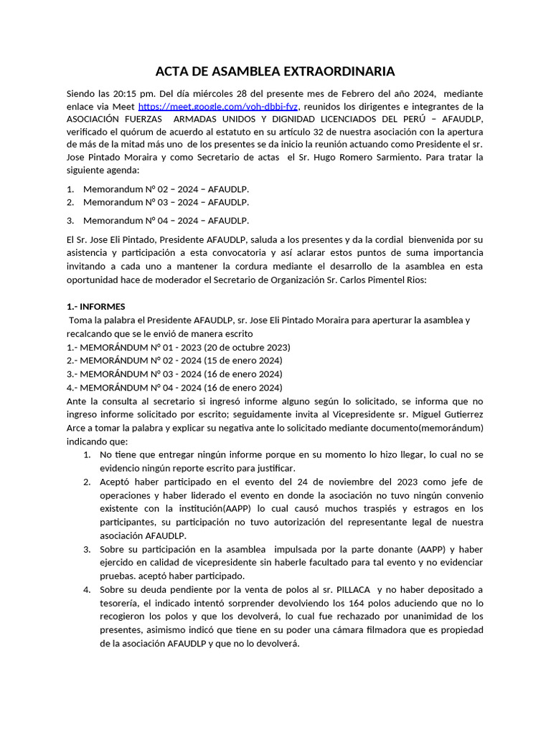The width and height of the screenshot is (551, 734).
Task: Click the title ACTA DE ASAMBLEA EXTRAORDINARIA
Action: click(x=275, y=72)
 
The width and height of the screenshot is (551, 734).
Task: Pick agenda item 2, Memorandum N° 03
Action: click(x=166, y=202)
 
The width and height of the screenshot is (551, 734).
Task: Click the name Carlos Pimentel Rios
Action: click(x=376, y=280)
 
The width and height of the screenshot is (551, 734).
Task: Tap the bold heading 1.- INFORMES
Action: click(x=95, y=307)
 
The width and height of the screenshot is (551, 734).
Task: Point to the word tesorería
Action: click(x=123, y=603)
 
